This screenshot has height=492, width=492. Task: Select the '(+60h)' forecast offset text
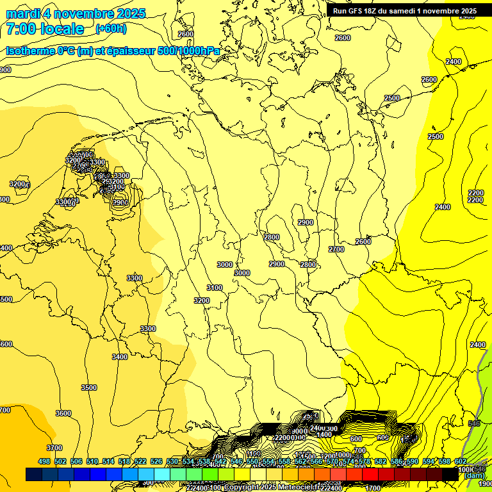pos(111,29)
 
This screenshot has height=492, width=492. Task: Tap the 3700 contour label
pos(54,448)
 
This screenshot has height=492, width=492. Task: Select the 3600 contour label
pos(63,413)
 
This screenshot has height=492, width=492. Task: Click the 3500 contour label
pos(89,388)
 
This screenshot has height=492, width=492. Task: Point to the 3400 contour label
pos(120,357)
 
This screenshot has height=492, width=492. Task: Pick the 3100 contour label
pos(215,288)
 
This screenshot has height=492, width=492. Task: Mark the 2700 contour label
pos(336,249)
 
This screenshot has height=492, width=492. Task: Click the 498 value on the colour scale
pos(44,461)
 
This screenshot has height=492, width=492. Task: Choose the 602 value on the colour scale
pos(460,461)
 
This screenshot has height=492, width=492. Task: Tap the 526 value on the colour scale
pos(156,461)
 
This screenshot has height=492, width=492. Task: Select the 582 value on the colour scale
pos(380,461)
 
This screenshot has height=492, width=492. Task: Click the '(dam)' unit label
pos(474,476)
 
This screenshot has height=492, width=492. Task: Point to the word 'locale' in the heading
pos(61,29)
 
